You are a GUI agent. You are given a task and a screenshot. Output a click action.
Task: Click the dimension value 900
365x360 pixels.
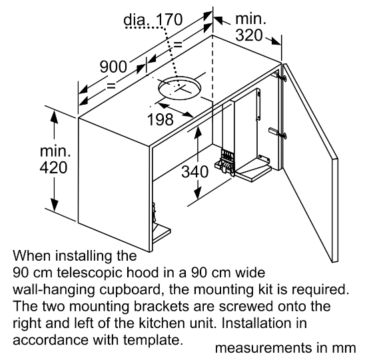113,67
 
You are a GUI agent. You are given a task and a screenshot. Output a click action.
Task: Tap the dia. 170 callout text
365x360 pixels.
153,19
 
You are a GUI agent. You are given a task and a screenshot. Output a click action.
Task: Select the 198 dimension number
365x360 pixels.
161,119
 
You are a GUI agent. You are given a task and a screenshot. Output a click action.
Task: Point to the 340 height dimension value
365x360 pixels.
195,172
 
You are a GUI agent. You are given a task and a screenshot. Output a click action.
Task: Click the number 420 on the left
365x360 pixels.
53,167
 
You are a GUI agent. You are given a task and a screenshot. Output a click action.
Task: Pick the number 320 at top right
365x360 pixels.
249,35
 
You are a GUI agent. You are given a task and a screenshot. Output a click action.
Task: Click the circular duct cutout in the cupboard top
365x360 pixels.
179,88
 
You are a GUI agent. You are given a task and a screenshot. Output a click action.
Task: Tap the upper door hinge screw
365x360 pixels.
284,78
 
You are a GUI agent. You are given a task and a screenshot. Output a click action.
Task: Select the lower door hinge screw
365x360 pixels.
284,135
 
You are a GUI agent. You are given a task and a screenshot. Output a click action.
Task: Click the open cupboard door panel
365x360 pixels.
310,163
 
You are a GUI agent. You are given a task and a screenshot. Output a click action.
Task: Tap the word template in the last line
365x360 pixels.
152,340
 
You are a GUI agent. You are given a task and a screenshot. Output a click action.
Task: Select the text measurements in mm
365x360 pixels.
285,348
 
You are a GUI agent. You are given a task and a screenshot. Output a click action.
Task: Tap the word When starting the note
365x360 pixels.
32,256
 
